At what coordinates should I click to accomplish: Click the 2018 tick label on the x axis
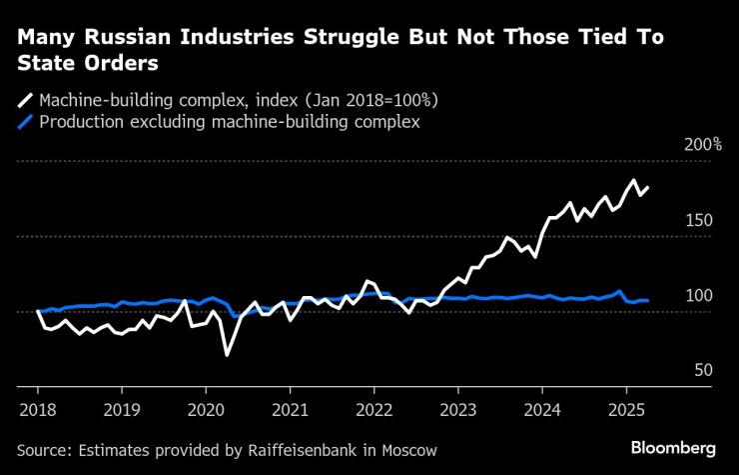click(x=38, y=409)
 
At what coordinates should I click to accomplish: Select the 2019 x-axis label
click(x=122, y=409)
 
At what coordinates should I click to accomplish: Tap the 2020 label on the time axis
click(x=206, y=409)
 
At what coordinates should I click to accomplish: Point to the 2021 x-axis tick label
click(x=290, y=409)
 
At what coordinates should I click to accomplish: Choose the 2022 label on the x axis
click(x=373, y=409)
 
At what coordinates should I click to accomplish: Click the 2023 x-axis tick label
click(x=457, y=409)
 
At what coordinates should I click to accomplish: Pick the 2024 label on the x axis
click(x=541, y=409)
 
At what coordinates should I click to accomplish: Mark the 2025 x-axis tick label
click(x=625, y=409)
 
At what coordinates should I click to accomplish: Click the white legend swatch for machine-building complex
click(x=24, y=101)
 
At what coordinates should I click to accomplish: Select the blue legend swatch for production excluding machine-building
click(x=24, y=123)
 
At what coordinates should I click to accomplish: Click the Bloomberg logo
click(x=673, y=447)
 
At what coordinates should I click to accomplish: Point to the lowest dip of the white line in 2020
click(x=227, y=355)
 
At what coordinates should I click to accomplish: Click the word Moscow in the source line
click(x=406, y=450)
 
